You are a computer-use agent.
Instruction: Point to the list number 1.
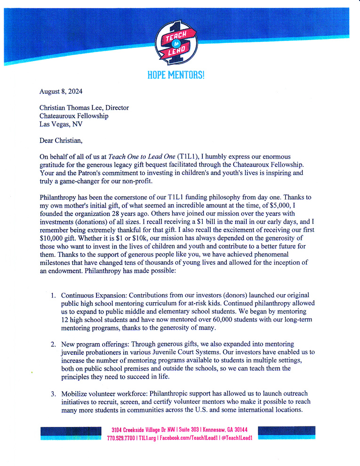tap(53, 296)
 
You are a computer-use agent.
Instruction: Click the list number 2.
tap(53, 344)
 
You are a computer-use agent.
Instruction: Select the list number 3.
tap(53, 393)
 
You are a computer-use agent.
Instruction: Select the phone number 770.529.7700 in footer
tap(121, 438)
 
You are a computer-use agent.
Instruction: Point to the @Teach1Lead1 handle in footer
tap(237, 438)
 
